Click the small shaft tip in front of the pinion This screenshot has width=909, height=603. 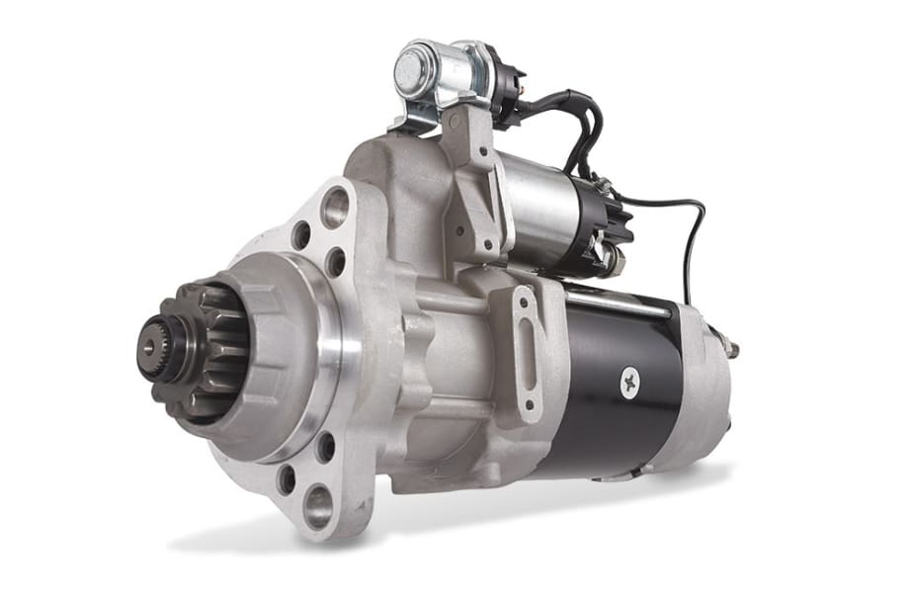click(x=149, y=347)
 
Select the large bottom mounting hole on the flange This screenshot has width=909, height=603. click(x=318, y=505)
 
